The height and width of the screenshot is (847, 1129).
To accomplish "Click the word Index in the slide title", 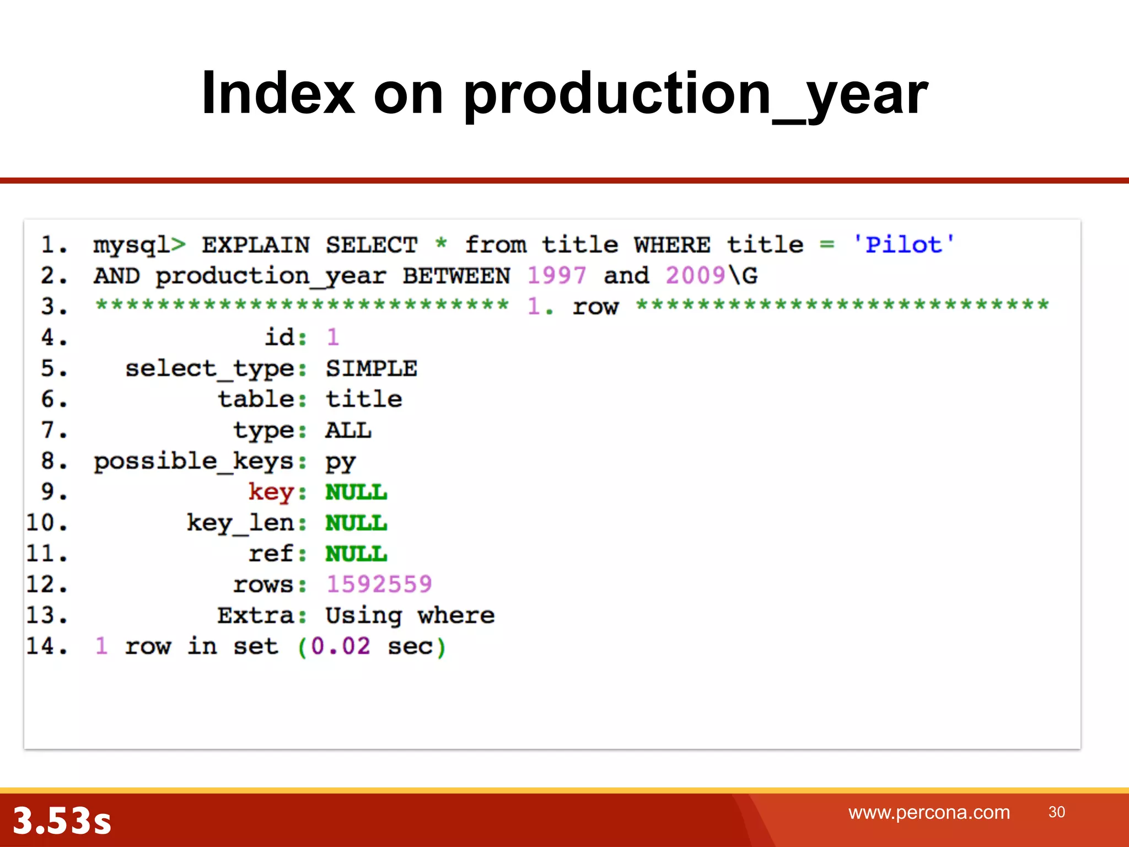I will [x=278, y=94].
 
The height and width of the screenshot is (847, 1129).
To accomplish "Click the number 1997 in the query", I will [x=556, y=276].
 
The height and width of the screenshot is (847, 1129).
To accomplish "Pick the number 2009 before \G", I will [x=695, y=276].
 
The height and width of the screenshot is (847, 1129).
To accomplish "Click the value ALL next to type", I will [x=348, y=431].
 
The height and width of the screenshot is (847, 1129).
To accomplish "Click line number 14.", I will [x=47, y=646].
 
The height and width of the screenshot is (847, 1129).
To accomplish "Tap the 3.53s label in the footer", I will [x=62, y=821].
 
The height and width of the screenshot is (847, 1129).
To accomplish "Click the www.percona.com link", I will [x=929, y=813].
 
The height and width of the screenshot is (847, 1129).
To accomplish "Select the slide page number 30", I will [x=1056, y=812].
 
